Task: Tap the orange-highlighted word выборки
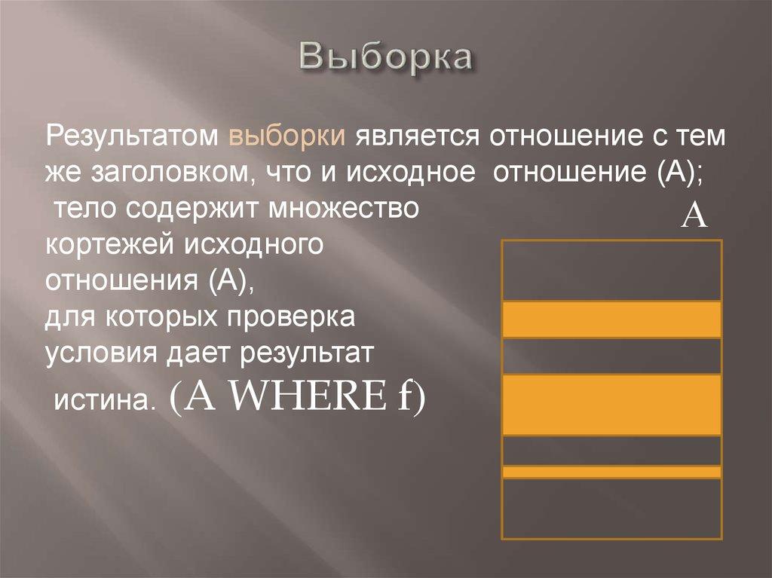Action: point(287,138)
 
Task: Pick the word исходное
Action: point(412,173)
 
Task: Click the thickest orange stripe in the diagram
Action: point(612,404)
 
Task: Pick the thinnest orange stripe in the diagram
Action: point(612,472)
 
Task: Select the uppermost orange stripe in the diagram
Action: point(612,319)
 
